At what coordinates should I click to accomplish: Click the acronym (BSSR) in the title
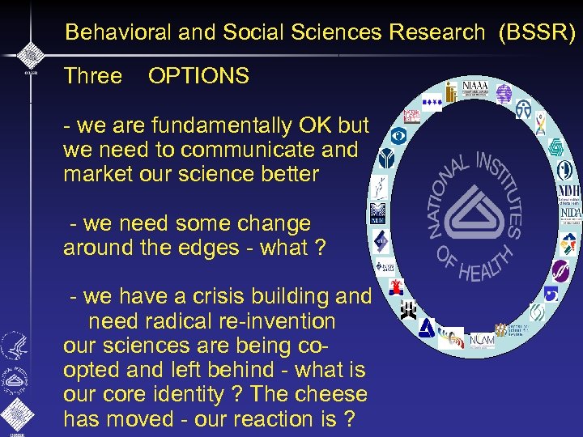538,32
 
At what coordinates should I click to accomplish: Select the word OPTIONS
198,77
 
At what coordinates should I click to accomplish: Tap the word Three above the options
92,77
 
